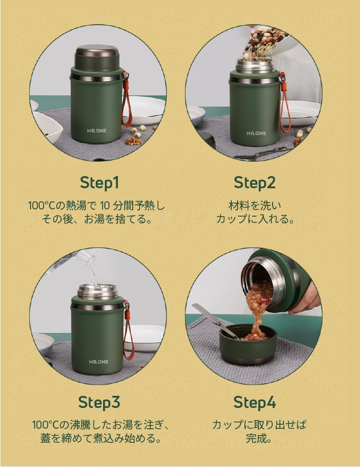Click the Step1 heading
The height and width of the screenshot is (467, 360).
point(99,182)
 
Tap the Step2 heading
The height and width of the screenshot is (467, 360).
point(255,182)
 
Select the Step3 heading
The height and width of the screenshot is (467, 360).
point(99,402)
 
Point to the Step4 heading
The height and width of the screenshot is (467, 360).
point(255,402)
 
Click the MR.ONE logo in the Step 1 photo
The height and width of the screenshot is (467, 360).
point(97,131)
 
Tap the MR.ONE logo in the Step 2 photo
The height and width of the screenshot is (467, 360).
point(256,133)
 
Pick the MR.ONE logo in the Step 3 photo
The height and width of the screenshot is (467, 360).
point(99,362)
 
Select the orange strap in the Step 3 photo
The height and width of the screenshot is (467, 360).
point(129,331)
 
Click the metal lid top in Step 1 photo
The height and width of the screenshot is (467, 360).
point(97,50)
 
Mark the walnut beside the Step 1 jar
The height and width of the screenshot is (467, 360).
point(133,141)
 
